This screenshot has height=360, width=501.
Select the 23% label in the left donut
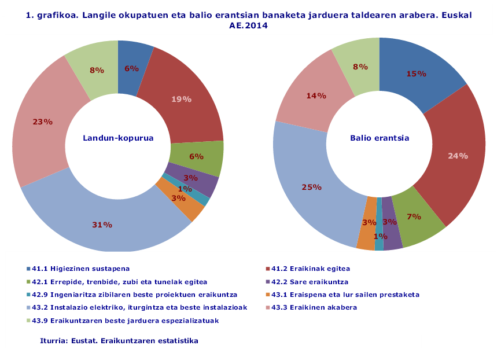(43, 122)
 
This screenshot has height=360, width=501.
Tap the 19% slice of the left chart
(181, 99)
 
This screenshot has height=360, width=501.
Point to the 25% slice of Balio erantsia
(310, 187)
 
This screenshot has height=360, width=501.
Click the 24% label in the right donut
(458, 156)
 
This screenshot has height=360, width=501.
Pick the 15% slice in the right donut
(416, 74)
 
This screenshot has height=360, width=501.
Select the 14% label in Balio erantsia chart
(316, 96)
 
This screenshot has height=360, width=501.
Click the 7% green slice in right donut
(413, 216)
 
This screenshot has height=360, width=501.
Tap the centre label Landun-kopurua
(118, 138)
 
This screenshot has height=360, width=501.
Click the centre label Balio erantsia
(380, 138)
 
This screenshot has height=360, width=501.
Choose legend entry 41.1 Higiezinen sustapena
(80, 269)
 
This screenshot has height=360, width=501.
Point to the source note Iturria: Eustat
(119, 341)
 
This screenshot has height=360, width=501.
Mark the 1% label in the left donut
(185, 189)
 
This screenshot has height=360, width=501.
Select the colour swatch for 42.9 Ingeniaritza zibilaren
(28, 295)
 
